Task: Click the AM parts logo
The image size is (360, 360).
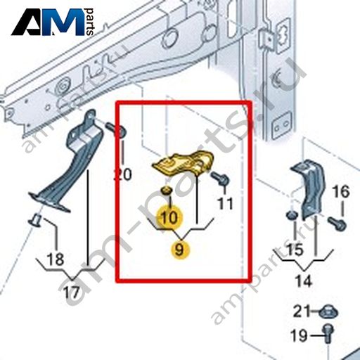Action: (53, 22)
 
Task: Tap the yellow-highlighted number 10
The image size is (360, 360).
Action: (169, 217)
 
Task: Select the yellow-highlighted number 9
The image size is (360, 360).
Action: (180, 250)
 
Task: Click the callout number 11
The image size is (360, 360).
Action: (226, 203)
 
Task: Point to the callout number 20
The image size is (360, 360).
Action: (122, 174)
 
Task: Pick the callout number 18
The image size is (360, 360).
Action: (56, 259)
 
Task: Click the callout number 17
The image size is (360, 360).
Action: (72, 292)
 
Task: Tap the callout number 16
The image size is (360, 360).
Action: (341, 191)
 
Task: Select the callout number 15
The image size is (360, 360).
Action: (295, 249)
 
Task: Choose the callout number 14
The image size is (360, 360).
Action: (303, 281)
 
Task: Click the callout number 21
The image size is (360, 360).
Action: (302, 311)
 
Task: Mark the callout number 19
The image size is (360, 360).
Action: (299, 335)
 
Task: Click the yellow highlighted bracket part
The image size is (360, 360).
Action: (185, 163)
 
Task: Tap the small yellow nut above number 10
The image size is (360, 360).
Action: (167, 190)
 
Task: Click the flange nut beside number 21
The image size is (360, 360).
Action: (328, 312)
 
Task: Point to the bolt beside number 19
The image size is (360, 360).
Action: (328, 333)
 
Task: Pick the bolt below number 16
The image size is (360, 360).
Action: (337, 224)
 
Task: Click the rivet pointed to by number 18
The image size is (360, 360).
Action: (34, 220)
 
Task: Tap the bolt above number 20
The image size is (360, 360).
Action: (116, 130)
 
